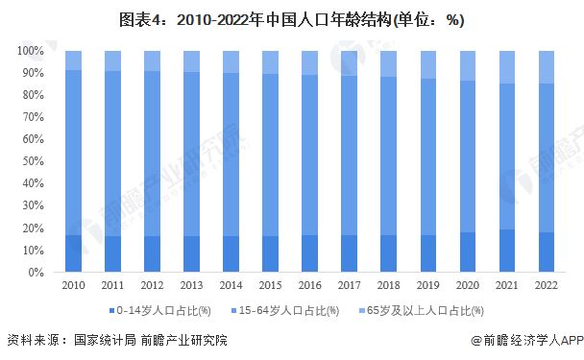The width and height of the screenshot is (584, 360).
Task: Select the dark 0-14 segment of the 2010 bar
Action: point(73,253)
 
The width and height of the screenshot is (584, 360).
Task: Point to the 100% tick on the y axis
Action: point(32,51)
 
